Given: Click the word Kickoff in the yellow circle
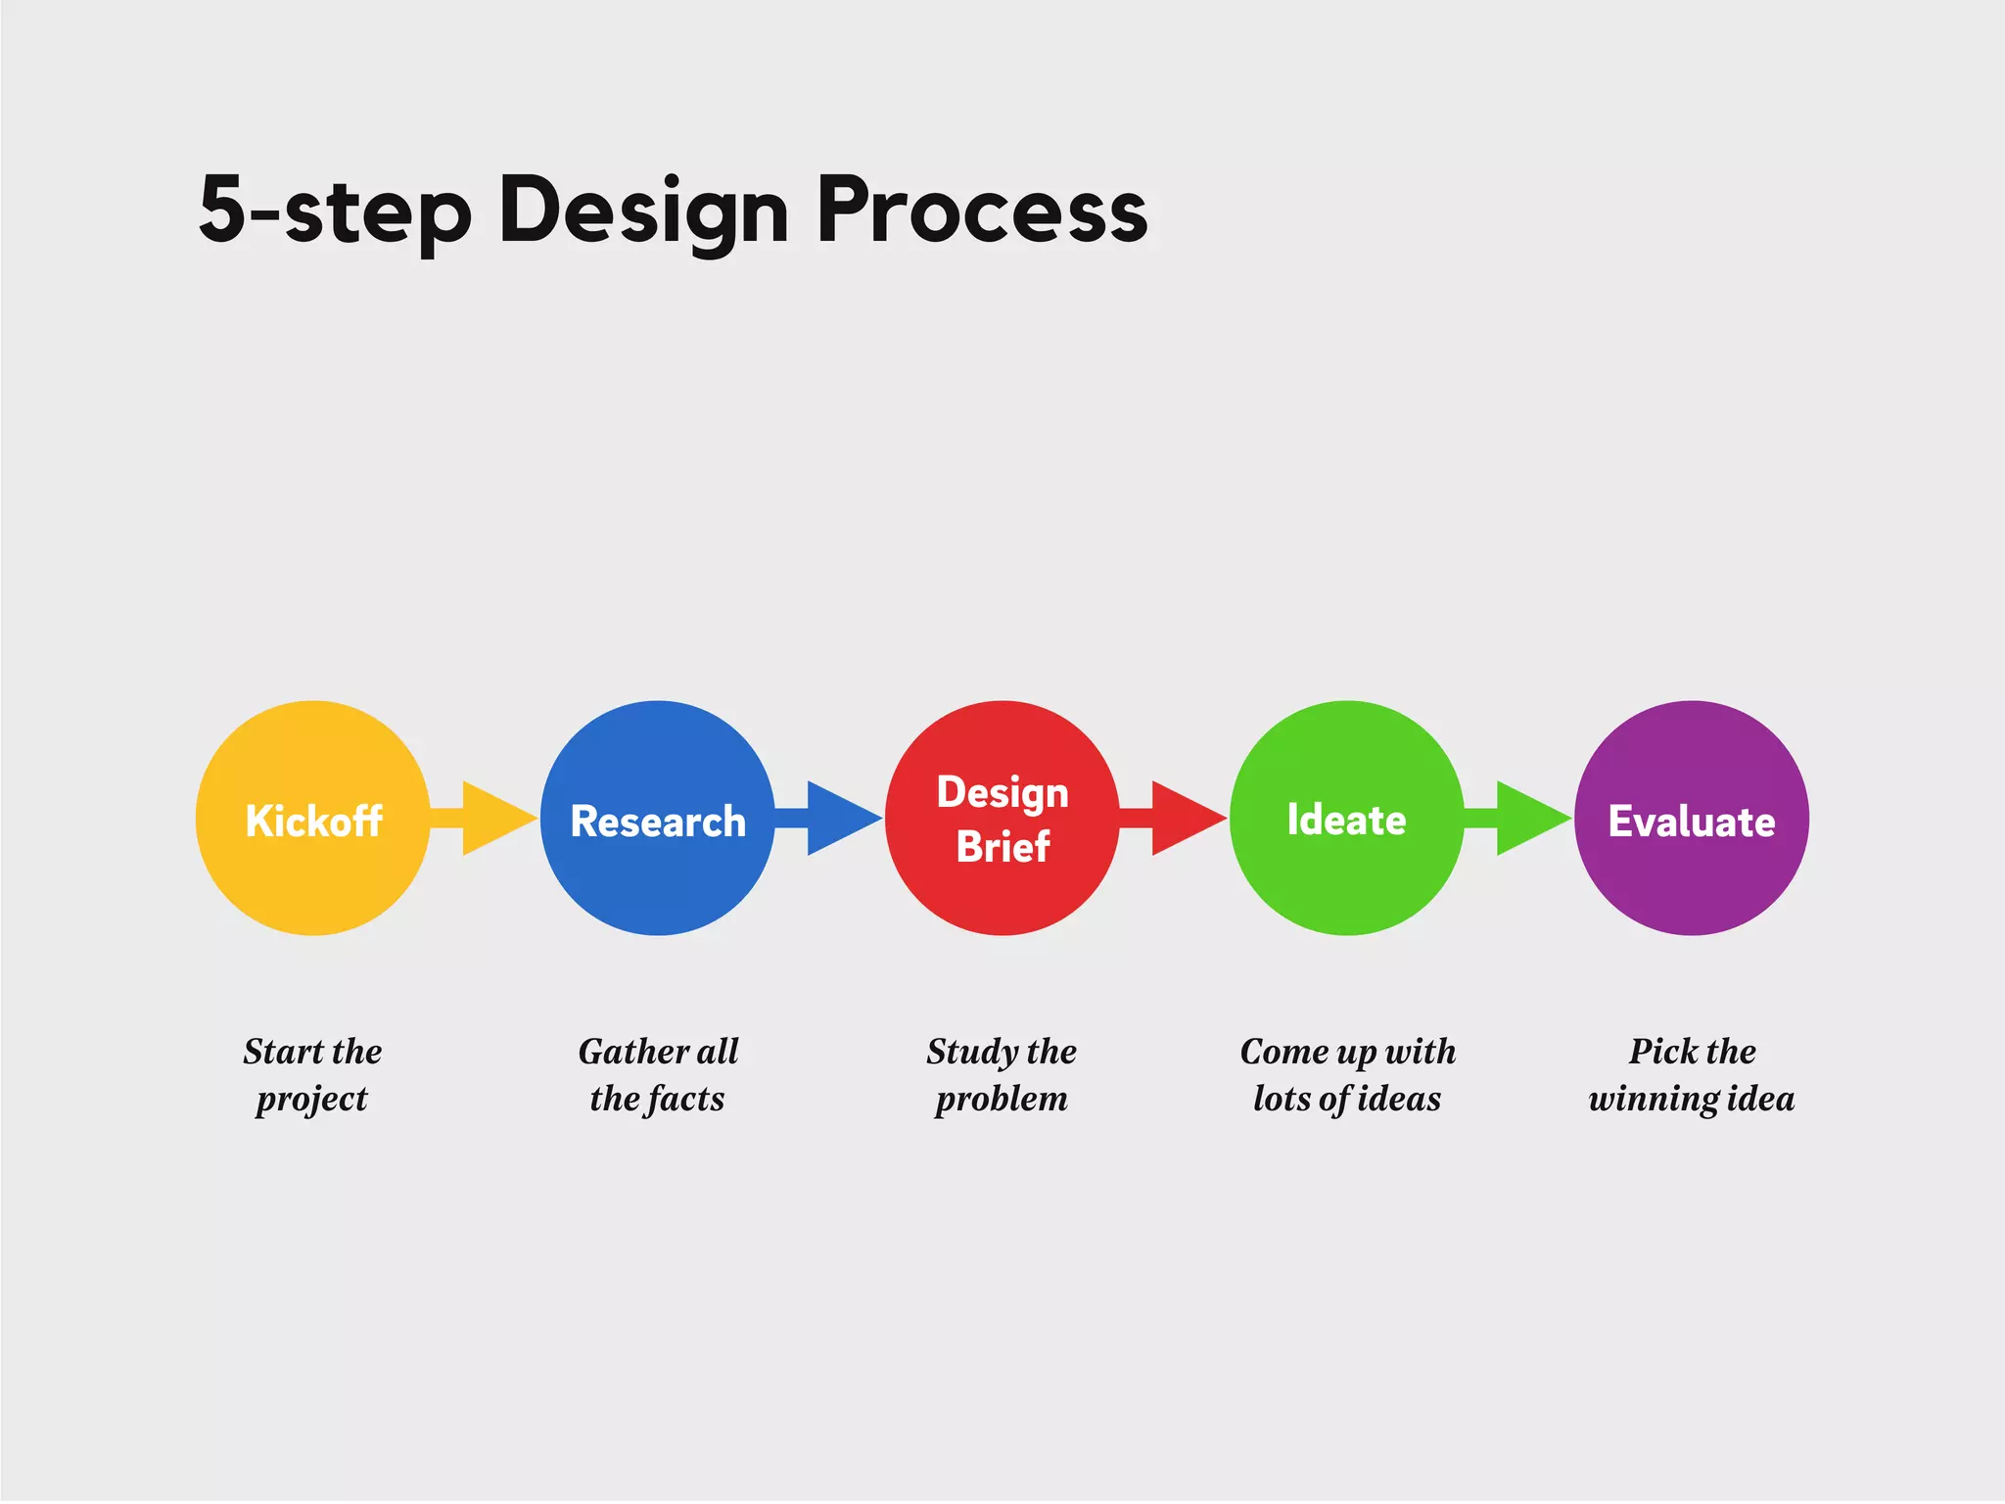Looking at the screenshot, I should pos(313,821).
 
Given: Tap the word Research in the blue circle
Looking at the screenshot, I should pos(658,822).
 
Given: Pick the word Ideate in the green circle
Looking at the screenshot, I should pos(1346,820).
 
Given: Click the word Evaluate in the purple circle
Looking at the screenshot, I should pos(1691,822).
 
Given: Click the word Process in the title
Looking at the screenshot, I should pos(982,210).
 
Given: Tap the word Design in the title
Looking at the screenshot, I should pos(643,211).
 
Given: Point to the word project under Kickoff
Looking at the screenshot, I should pos(311,1100).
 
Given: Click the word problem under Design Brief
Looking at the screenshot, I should pos(1002,1100).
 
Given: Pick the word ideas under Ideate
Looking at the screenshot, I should pos(1400,1099).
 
